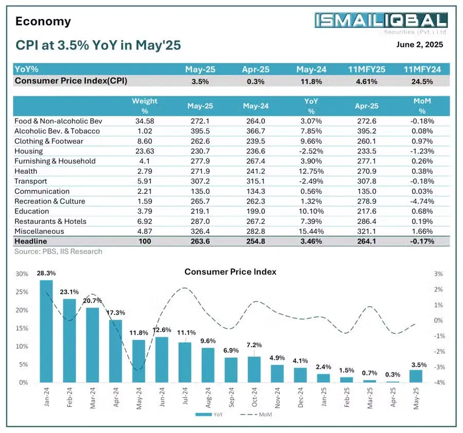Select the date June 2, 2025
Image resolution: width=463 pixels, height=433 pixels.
coord(419,45)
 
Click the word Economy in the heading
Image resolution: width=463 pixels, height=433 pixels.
coord(43,22)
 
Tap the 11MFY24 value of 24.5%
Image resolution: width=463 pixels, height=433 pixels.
coord(421,81)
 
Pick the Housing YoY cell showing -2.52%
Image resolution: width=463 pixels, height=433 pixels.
coord(310,151)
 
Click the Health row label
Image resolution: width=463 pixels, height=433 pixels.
coord(26,171)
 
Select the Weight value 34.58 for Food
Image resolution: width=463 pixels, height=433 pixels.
coord(145,121)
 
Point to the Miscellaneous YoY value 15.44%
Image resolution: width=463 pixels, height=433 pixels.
coord(310,231)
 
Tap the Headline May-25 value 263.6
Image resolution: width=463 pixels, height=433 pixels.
coord(200,242)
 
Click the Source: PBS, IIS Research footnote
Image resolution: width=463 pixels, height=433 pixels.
coord(58,251)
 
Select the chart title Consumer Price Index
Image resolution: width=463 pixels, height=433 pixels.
coord(230,272)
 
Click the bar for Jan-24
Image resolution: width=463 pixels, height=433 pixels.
coord(46,331)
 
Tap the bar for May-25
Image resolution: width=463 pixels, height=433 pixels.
coord(416,376)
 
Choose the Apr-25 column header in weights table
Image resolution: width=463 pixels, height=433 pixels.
coord(366,106)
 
